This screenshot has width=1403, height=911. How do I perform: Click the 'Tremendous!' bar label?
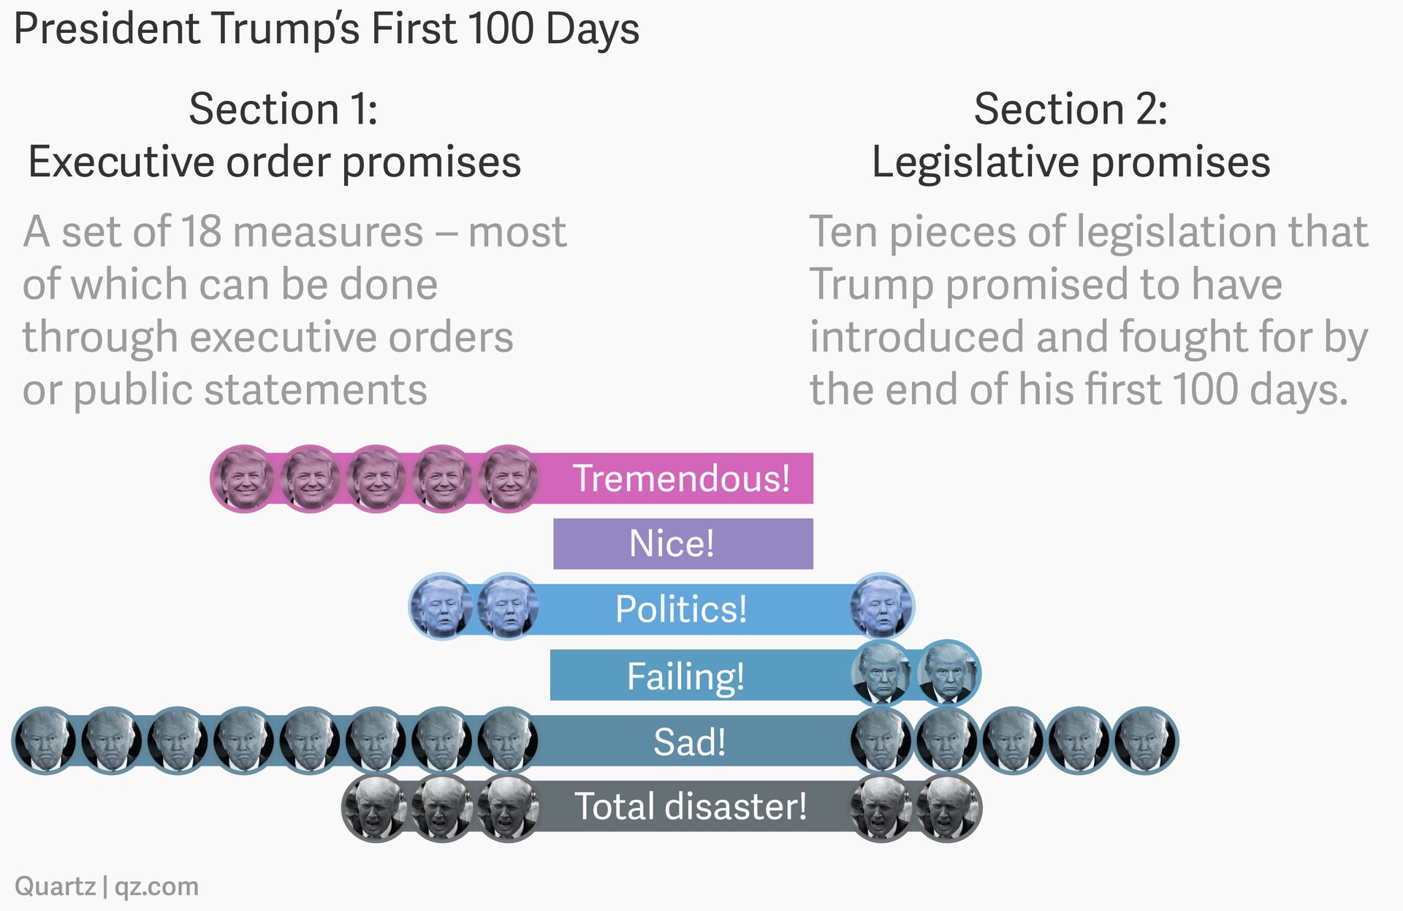(681, 478)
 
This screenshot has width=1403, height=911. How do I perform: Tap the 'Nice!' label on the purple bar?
(672, 543)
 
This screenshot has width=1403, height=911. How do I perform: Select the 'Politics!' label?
(681, 609)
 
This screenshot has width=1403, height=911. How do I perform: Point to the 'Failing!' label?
(685, 676)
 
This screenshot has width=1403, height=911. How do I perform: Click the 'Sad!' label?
(690, 741)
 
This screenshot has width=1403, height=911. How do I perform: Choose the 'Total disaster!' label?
(691, 806)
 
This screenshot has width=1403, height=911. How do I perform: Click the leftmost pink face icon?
(243, 479)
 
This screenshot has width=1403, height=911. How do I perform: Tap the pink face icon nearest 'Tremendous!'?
(508, 479)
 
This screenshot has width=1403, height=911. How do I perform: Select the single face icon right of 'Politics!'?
(881, 606)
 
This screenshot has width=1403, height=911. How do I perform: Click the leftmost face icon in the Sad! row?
(45, 740)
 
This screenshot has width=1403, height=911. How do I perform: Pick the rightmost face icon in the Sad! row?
(1145, 740)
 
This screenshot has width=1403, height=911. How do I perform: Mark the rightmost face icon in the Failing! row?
(948, 673)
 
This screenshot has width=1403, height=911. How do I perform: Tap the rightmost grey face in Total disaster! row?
(948, 809)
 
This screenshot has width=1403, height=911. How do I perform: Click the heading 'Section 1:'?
(283, 109)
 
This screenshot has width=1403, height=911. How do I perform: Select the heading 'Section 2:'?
(1071, 109)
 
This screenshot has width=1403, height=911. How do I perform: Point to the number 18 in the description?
(201, 232)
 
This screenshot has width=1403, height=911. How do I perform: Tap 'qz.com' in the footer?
(156, 886)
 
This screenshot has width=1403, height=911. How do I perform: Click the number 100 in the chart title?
(502, 29)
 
